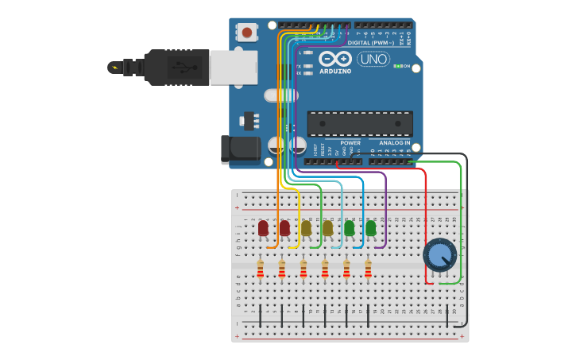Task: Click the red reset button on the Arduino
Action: click(x=248, y=33)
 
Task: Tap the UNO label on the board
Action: click(x=373, y=59)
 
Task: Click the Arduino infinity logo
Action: click(x=335, y=59)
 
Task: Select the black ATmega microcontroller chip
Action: click(x=360, y=123)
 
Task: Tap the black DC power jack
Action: click(x=241, y=148)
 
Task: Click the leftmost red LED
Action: click(x=263, y=228)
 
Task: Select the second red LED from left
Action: click(x=284, y=228)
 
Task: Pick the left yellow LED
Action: click(x=306, y=228)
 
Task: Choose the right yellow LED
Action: click(x=327, y=228)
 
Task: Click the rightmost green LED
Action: click(x=370, y=228)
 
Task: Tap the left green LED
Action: click(x=349, y=228)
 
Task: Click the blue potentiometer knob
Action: click(x=439, y=254)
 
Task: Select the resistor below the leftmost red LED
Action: click(x=261, y=270)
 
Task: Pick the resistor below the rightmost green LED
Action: click(x=368, y=270)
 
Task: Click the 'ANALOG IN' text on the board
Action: click(x=394, y=143)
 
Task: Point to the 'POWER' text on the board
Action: click(x=350, y=143)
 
